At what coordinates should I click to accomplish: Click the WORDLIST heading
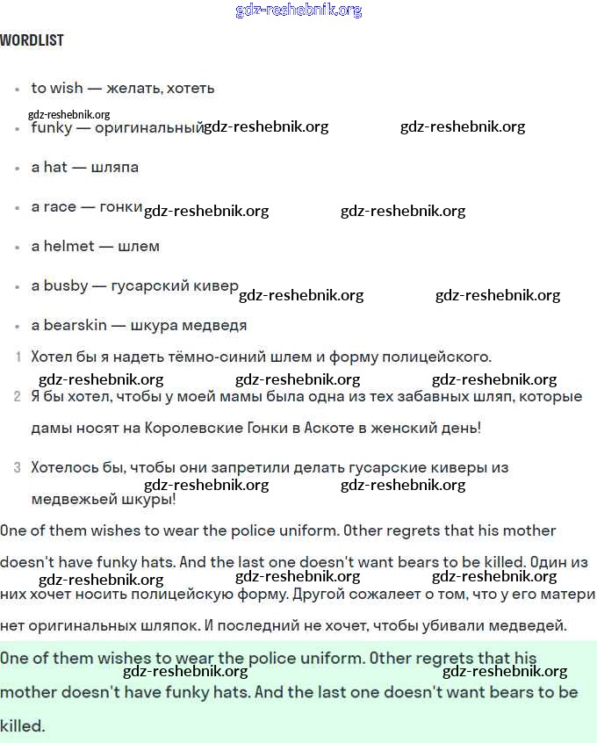pos(32,40)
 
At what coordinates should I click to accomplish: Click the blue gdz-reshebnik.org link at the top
pos(298,11)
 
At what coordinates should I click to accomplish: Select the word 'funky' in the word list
pos(52,128)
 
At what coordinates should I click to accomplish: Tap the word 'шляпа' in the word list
pos(115,167)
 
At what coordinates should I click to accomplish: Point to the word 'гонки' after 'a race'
pos(121,206)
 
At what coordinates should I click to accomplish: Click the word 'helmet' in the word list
pos(68,246)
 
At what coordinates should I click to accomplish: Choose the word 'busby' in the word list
pos(66,286)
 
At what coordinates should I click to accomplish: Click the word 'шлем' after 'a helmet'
pos(139,246)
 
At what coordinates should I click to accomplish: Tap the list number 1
pos(18,357)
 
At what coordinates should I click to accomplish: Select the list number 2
pos(18,397)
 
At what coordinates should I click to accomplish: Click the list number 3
pos(18,468)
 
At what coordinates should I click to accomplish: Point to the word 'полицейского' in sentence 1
pos(443,357)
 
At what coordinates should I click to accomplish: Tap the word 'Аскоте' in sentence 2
pos(333,429)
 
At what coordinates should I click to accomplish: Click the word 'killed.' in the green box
pos(22,726)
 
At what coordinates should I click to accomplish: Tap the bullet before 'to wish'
pos(18,90)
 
